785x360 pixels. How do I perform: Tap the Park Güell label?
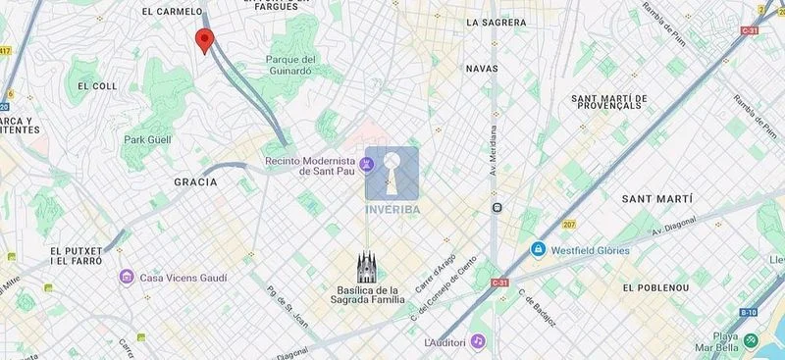(x=147, y=140)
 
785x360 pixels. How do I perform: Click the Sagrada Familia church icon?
(x=368, y=265)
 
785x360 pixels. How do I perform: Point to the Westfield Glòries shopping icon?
(x=538, y=250)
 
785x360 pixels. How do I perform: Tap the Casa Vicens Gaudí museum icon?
(x=127, y=278)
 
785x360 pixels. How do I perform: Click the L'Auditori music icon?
(x=478, y=341)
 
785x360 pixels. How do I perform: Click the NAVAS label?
(x=482, y=69)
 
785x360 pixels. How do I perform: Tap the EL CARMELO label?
(x=173, y=12)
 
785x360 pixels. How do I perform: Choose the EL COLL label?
(x=97, y=86)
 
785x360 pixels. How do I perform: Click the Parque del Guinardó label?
(x=288, y=65)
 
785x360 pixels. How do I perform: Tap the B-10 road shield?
(x=748, y=312)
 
